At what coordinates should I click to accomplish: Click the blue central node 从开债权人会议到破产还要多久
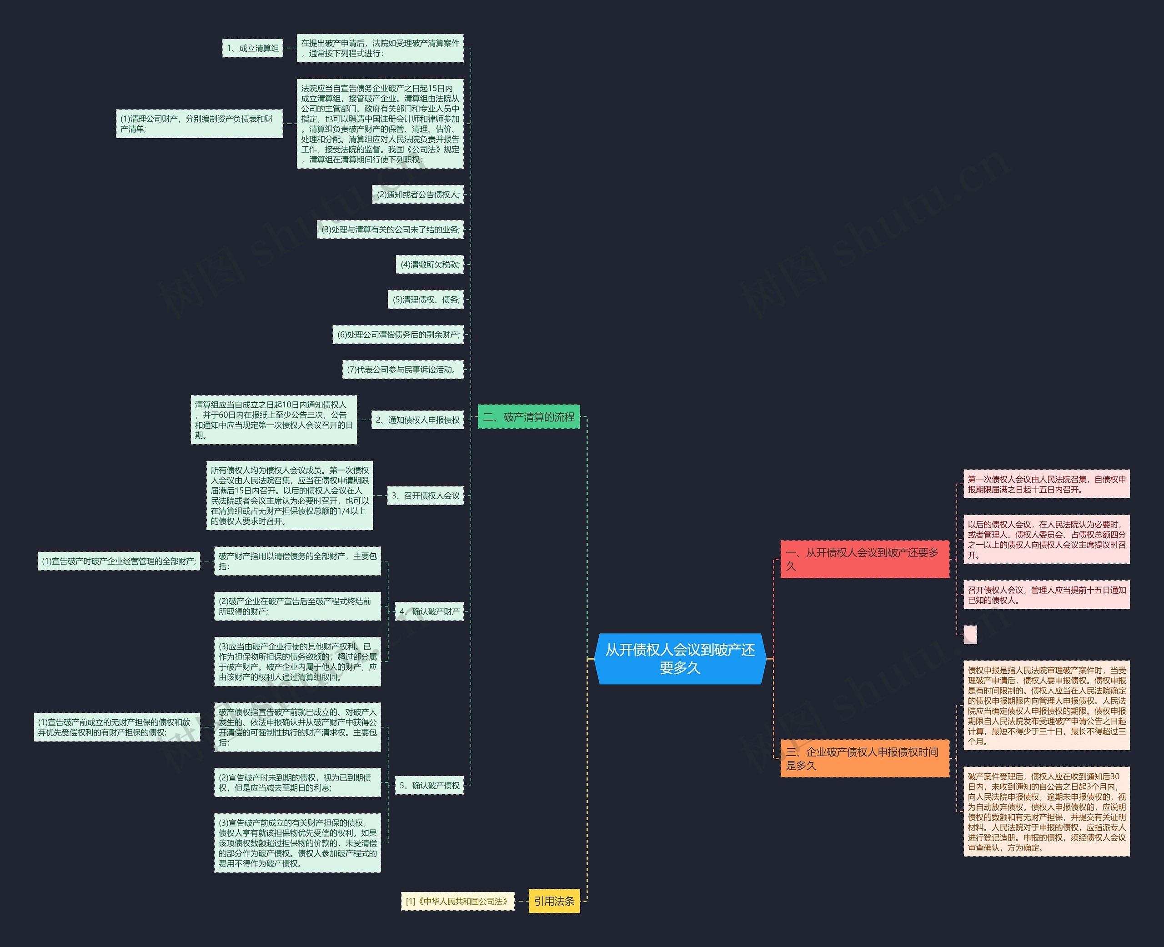pos(680,658)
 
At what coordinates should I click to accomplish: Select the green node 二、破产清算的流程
pos(528,417)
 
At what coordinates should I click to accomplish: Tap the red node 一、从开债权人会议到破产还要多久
pos(864,559)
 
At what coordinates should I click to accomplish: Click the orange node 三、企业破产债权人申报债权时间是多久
pos(864,758)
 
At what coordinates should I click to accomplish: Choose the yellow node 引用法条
pos(554,901)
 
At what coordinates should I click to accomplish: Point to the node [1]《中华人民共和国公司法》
pos(457,901)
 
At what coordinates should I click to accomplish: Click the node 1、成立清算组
pos(252,48)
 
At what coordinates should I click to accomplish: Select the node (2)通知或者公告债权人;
pos(418,194)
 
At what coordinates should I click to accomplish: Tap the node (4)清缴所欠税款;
pos(430,265)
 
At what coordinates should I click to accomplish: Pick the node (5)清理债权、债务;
pos(426,300)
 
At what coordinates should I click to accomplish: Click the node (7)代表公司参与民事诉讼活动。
pos(403,369)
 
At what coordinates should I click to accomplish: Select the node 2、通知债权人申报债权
pos(417,420)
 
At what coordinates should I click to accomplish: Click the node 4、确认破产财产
pos(429,611)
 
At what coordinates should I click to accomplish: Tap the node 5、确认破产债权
pos(429,786)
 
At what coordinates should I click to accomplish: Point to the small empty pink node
pos(970,634)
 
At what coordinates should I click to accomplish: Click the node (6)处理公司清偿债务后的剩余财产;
pos(398,335)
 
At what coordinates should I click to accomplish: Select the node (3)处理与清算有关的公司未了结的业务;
pos(390,230)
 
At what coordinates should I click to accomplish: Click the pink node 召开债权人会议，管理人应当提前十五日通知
pos(1047,595)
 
